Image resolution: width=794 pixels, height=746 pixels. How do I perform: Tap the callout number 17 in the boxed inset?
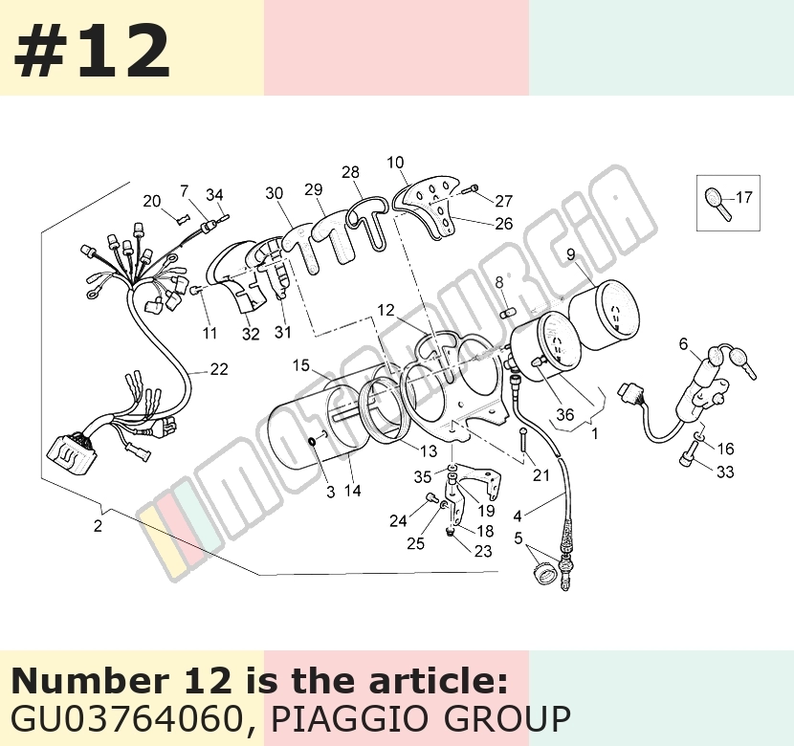pos(744,197)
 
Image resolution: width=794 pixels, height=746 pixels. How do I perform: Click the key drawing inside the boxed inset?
pos(718,204)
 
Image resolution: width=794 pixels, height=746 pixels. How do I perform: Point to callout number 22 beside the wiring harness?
pos(219,369)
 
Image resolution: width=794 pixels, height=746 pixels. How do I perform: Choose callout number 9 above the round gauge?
pos(571,254)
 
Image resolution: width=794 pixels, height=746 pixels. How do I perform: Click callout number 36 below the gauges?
pos(564,414)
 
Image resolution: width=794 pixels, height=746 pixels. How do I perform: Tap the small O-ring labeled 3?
pos(313,443)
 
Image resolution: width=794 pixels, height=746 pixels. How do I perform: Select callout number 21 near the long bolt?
pos(540,475)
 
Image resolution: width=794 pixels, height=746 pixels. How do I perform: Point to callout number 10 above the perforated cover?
pos(395,163)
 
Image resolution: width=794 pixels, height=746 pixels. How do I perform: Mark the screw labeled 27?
pos(470,189)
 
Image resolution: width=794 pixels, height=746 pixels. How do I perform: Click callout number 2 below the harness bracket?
pos(98,526)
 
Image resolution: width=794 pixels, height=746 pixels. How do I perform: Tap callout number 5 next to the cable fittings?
pos(518,538)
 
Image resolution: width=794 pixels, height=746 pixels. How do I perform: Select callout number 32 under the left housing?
pos(251,334)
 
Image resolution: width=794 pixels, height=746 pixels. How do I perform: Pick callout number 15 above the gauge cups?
pos(300,365)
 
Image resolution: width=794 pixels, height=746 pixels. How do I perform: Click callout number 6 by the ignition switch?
pos(684,344)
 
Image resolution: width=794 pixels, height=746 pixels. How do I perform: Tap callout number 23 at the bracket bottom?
pos(482,551)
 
